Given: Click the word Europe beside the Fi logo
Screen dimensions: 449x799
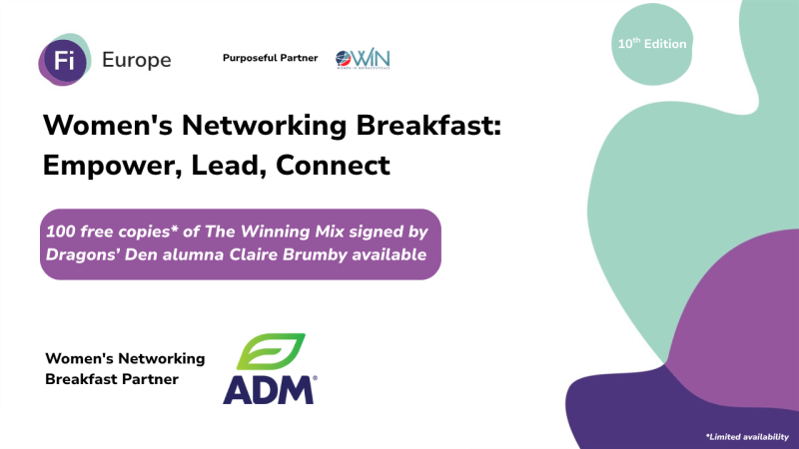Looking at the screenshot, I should pos(137,60).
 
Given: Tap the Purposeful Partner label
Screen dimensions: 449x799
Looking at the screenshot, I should pos(270,58).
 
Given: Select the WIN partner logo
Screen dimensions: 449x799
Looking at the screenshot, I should pos(363,59).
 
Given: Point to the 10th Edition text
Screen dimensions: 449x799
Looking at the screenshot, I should pos(651,44).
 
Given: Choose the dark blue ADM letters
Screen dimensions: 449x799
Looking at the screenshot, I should pos(268,388).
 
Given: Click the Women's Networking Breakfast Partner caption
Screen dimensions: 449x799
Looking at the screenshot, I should pos(125,368).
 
